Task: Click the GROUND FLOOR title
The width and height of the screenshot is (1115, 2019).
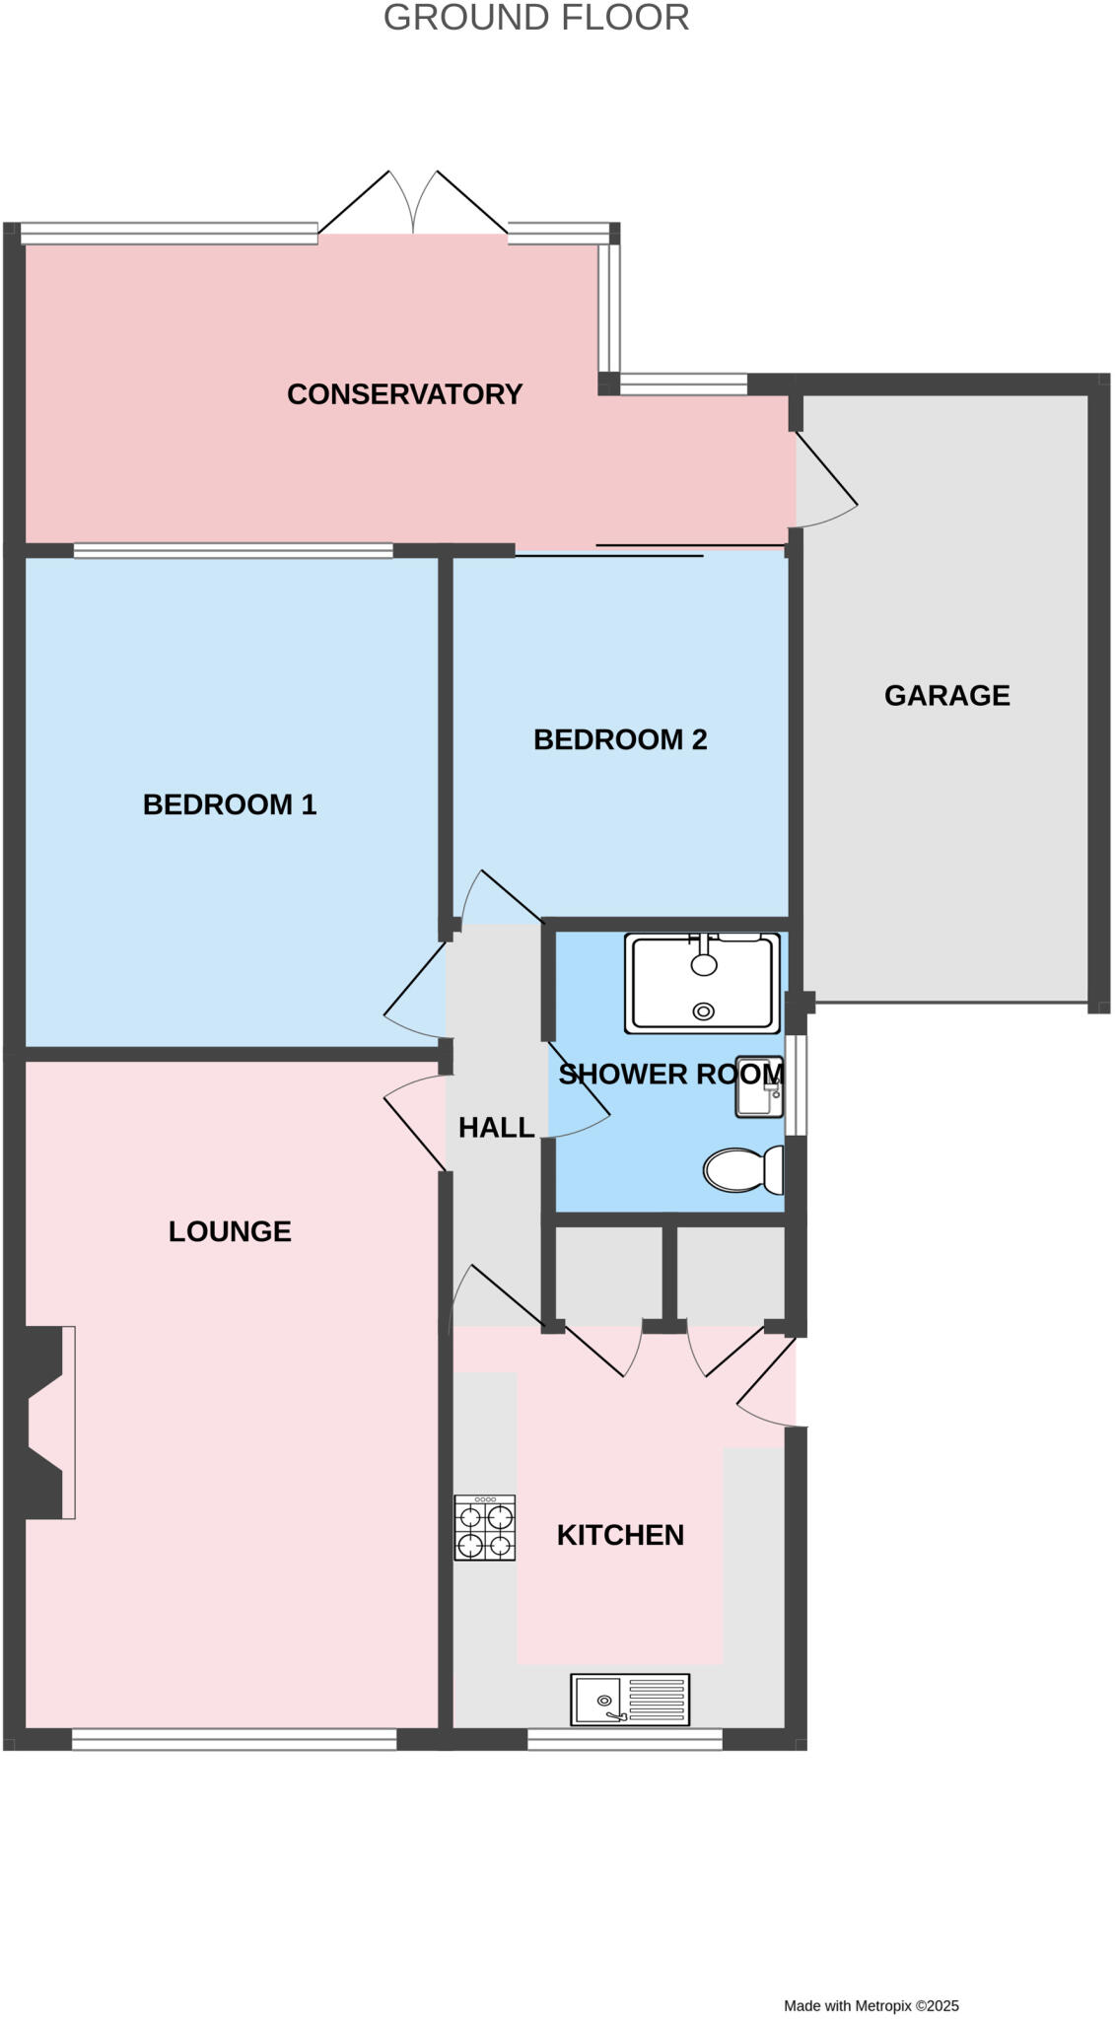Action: click(x=535, y=18)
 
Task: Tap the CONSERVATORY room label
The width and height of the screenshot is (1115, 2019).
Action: click(x=404, y=394)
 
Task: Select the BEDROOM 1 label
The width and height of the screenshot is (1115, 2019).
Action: click(x=230, y=804)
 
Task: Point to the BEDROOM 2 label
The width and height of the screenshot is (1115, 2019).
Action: click(x=620, y=739)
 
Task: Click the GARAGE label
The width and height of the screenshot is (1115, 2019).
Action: click(x=946, y=696)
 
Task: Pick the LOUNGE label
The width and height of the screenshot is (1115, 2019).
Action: click(x=230, y=1231)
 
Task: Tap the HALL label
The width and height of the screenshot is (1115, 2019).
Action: click(x=496, y=1128)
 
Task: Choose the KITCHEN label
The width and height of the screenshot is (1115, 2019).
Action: click(x=620, y=1535)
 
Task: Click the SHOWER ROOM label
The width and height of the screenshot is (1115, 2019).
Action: click(x=670, y=1075)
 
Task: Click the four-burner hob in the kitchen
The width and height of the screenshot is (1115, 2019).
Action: click(x=484, y=1527)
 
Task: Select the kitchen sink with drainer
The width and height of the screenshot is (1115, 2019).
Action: click(x=630, y=1700)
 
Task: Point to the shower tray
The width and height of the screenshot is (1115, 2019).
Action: click(x=702, y=983)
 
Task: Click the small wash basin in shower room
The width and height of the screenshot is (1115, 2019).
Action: click(x=759, y=1087)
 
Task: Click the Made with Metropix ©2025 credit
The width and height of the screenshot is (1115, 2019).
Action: click(x=871, y=2005)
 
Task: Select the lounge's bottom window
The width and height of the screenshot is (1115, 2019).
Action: click(x=234, y=1742)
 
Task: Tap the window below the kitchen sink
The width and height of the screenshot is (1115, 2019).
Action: click(x=625, y=1742)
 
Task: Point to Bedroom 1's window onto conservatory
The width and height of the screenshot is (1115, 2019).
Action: click(x=234, y=551)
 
